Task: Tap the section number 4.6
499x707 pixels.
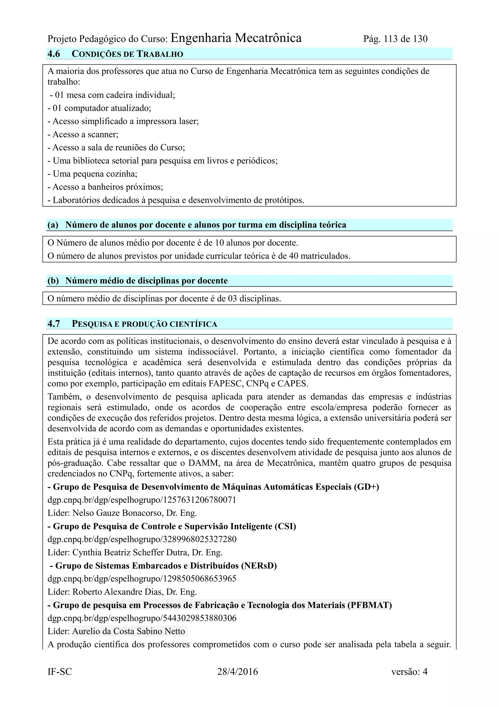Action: pos(54,54)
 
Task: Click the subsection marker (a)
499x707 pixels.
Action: pos(53,225)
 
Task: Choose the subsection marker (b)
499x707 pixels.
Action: pos(53,281)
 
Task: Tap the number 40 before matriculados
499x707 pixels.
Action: pos(293,256)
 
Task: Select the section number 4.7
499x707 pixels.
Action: pos(54,324)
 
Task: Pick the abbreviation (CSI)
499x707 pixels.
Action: pos(285,527)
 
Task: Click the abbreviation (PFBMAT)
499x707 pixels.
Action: pos(370,605)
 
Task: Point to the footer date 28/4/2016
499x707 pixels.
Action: pos(237,672)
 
